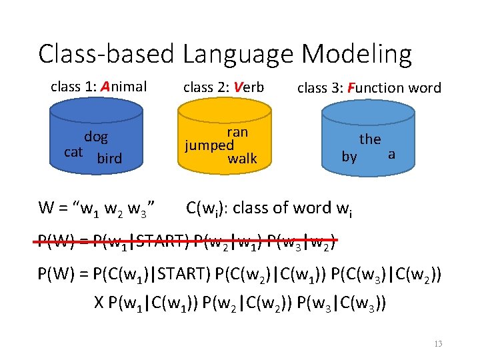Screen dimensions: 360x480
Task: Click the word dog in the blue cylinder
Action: [96, 138]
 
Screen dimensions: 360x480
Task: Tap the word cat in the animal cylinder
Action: [73, 152]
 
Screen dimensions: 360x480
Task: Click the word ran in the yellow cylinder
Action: [237, 132]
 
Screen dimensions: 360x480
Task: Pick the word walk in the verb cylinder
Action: [242, 159]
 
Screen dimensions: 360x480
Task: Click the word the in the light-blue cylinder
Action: [370, 139]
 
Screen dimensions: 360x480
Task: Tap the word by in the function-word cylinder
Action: [349, 157]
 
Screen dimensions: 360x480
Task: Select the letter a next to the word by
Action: [391, 154]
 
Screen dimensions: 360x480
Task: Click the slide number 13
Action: [437, 344]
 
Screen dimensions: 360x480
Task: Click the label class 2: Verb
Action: [223, 87]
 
